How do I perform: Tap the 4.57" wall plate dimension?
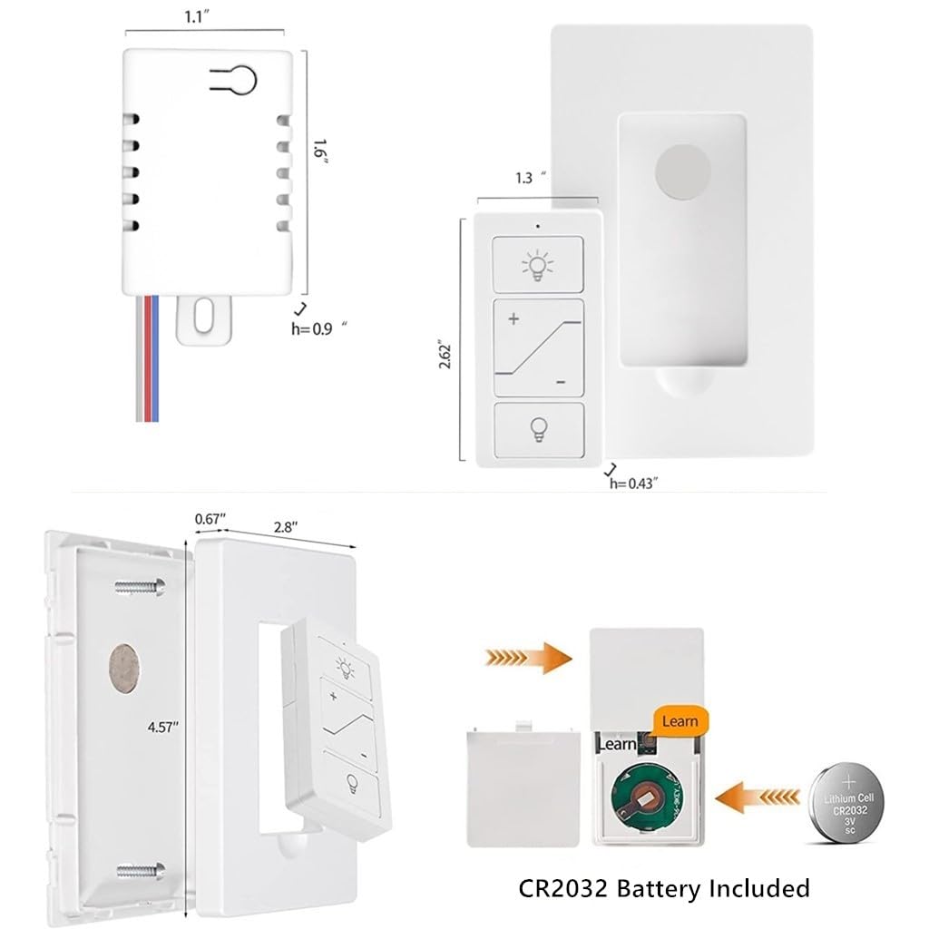click(x=163, y=726)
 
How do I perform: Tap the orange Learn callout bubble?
click(x=680, y=721)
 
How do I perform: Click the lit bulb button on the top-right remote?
click(x=537, y=265)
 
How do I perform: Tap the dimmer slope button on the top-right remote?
click(x=537, y=348)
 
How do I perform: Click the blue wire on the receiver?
click(x=154, y=358)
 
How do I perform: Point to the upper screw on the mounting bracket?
click(x=139, y=587)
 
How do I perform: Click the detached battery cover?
click(x=523, y=785)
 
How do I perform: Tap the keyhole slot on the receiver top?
click(x=237, y=80)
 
